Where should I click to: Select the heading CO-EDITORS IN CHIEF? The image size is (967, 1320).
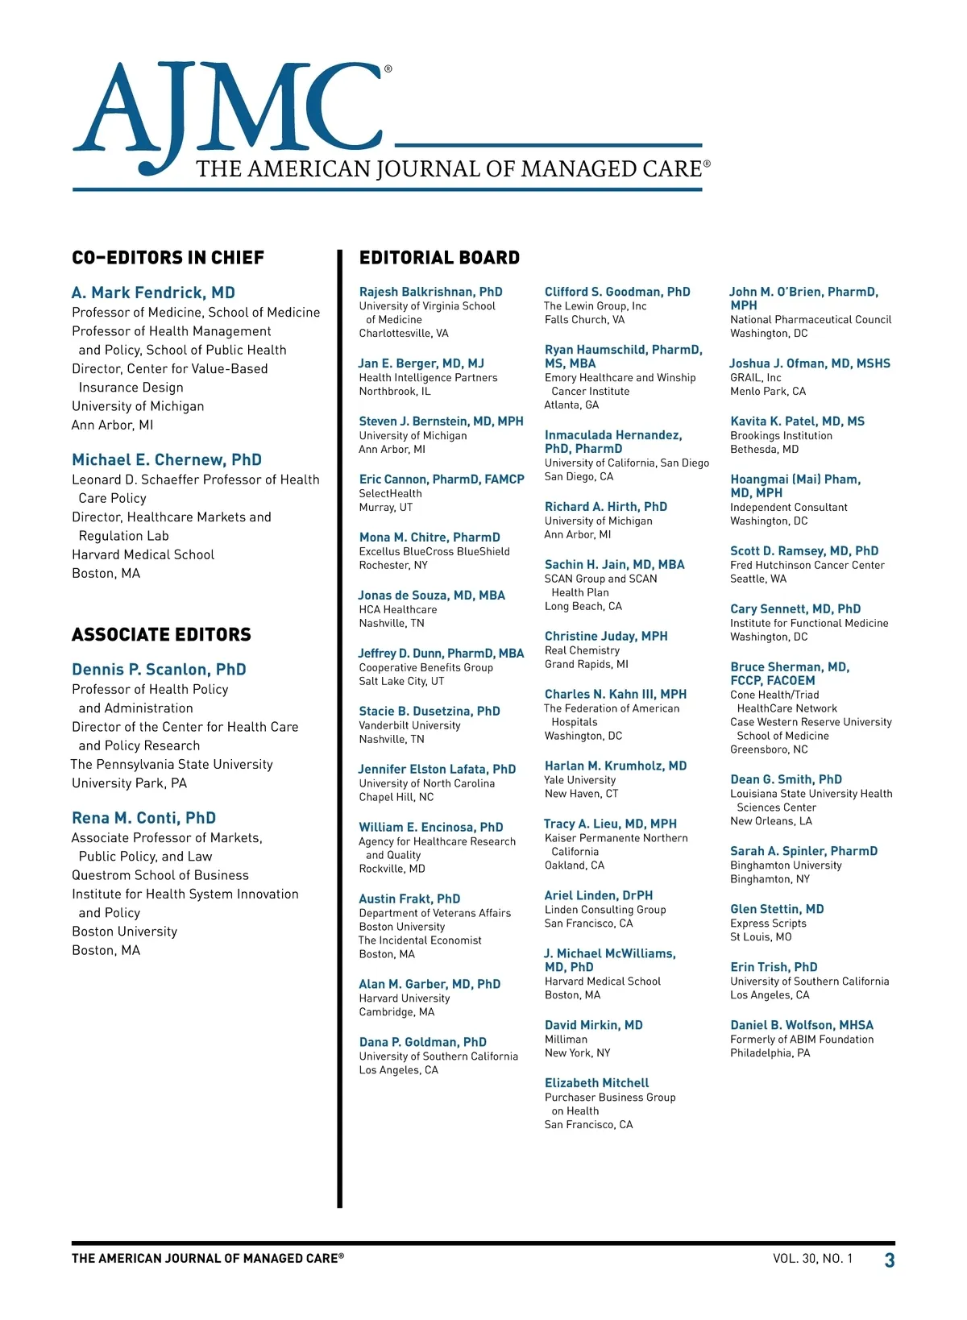click(168, 258)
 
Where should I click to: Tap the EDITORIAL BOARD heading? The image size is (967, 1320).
click(439, 258)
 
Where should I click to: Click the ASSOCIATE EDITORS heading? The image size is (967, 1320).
click(161, 635)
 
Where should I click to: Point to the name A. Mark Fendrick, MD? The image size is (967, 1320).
click(153, 293)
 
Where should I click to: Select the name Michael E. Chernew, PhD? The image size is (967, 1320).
click(167, 460)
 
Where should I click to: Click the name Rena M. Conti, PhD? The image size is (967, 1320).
click(143, 818)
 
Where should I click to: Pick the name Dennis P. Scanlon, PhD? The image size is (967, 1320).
click(159, 670)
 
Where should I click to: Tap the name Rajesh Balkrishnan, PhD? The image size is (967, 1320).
click(430, 292)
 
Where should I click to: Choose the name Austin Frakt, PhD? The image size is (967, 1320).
click(409, 899)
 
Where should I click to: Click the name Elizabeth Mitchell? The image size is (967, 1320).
click(596, 1083)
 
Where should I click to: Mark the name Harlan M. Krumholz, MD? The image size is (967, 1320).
click(616, 766)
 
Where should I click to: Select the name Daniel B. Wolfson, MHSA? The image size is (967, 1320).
click(802, 1025)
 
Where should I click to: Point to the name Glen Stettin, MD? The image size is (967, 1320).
click(777, 909)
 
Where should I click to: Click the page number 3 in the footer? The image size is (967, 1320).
click(890, 1260)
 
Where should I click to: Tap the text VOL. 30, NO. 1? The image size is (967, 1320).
click(812, 1259)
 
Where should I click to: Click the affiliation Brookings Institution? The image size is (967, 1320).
click(781, 436)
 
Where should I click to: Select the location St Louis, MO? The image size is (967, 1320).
click(761, 937)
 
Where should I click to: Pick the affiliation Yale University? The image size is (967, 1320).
click(580, 780)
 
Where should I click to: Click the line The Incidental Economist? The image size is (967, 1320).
click(420, 940)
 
